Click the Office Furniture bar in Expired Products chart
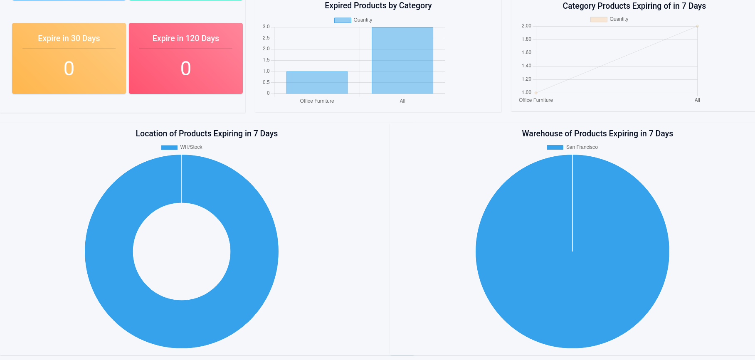(317, 83)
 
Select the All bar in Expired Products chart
(402, 60)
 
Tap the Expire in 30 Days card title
(69, 38)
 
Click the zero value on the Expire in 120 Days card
(185, 69)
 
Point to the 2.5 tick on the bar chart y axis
(266, 38)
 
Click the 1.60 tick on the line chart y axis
(526, 52)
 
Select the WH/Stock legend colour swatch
(169, 147)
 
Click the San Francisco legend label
(582, 147)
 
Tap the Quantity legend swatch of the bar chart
(343, 20)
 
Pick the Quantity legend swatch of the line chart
(598, 19)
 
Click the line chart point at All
(697, 26)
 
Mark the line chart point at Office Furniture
(536, 93)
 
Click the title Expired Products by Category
(378, 6)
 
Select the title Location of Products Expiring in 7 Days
(207, 133)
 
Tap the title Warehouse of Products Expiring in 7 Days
(597, 133)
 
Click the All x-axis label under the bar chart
(402, 101)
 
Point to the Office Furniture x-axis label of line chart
(535, 100)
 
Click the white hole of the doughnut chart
(182, 252)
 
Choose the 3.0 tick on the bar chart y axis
(266, 27)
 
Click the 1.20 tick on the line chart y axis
(526, 79)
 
